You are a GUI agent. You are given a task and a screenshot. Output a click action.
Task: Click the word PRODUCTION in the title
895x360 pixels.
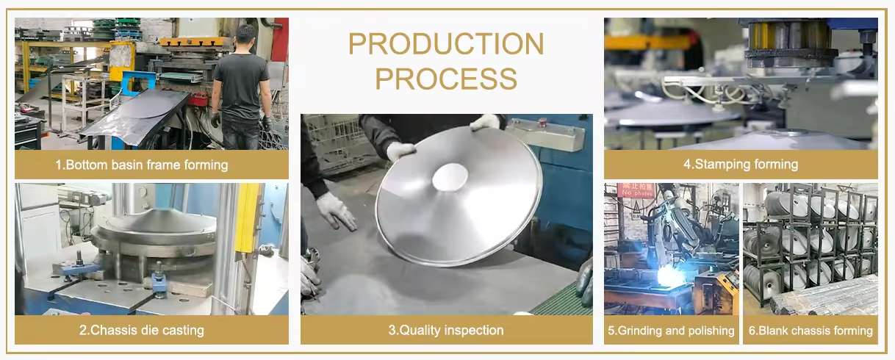[446, 43]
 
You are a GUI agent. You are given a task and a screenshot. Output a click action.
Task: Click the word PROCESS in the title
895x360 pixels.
[446, 79]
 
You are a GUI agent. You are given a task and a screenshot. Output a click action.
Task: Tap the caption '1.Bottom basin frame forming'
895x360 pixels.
[141, 165]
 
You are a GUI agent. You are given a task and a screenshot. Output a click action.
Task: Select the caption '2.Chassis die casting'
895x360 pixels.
[141, 330]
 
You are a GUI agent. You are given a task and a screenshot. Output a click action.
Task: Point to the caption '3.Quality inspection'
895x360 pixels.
[446, 330]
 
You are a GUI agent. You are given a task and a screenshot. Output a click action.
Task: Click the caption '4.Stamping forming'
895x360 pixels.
[741, 165]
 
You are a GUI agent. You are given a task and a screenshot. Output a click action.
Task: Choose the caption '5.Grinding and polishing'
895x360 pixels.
[672, 331]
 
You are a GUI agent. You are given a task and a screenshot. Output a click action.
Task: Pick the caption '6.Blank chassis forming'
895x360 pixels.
[810, 331]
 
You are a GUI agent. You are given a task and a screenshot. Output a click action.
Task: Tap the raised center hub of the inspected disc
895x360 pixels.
[450, 176]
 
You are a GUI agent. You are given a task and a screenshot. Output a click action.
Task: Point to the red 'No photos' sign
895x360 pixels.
[636, 190]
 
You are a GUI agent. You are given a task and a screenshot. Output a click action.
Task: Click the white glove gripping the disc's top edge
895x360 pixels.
[485, 122]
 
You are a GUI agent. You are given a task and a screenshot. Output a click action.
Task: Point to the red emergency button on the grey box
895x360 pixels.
[542, 122]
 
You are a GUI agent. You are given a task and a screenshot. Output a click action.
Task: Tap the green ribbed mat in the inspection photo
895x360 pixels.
[559, 298]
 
